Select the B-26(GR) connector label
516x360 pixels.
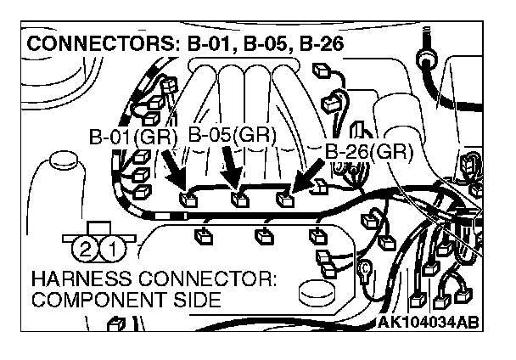pos(368,152)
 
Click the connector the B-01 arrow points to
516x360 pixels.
pos(188,200)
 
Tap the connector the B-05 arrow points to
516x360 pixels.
pos(241,200)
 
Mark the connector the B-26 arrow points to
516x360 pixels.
pos(286,200)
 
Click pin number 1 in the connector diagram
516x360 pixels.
pos(117,249)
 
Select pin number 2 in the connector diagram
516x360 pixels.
pos(85,249)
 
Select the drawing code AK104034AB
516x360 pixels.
pos(427,323)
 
